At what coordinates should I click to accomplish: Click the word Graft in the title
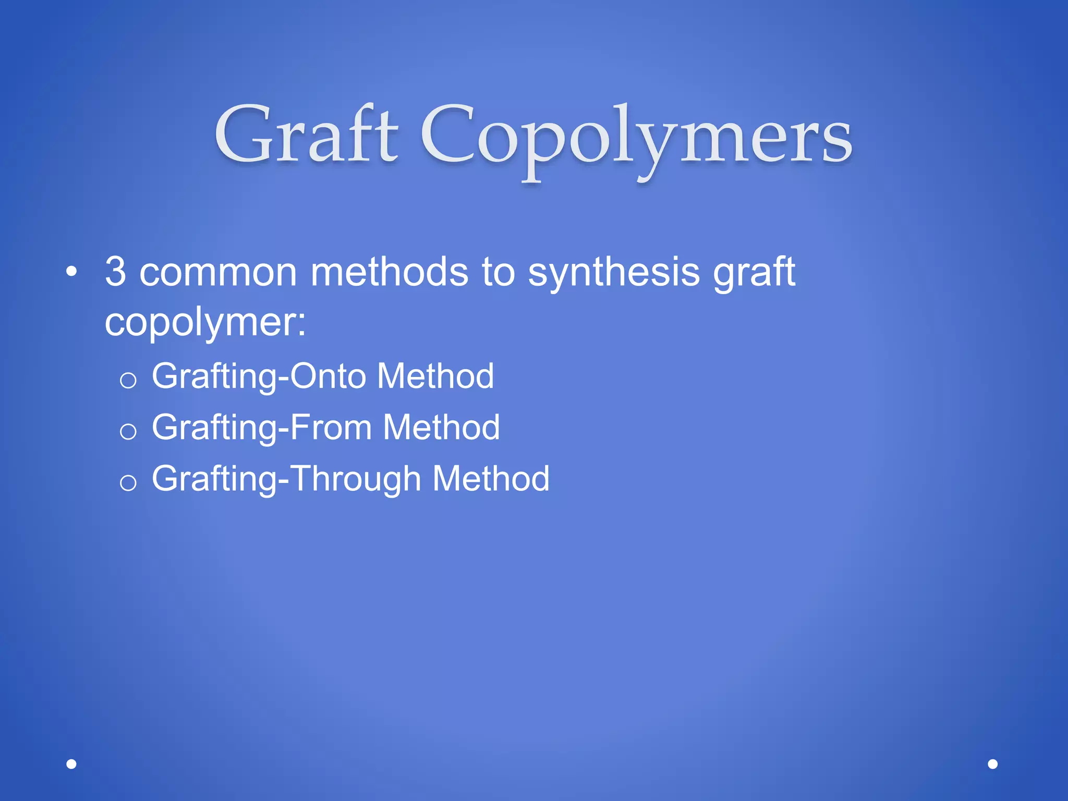pyautogui.click(x=307, y=135)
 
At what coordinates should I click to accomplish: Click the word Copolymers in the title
pyautogui.click(x=636, y=138)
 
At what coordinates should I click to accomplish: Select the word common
pyautogui.click(x=218, y=272)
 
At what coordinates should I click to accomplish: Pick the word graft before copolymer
pyautogui.click(x=754, y=272)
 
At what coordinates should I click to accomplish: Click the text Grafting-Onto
pyautogui.click(x=259, y=377)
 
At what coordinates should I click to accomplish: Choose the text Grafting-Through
pyautogui.click(x=286, y=479)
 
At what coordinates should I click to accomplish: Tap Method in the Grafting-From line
pyautogui.click(x=441, y=427)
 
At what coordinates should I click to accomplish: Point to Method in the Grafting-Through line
pyautogui.click(x=491, y=478)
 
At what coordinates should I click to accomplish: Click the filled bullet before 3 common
pyautogui.click(x=71, y=272)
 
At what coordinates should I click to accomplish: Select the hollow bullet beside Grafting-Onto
pyautogui.click(x=128, y=380)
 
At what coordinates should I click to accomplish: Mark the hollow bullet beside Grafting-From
pyautogui.click(x=128, y=431)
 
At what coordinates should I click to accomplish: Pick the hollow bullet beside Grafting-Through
pyautogui.click(x=128, y=482)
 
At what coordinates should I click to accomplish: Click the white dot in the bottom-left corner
pyautogui.click(x=71, y=764)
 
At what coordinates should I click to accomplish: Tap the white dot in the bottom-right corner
pyautogui.click(x=993, y=764)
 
